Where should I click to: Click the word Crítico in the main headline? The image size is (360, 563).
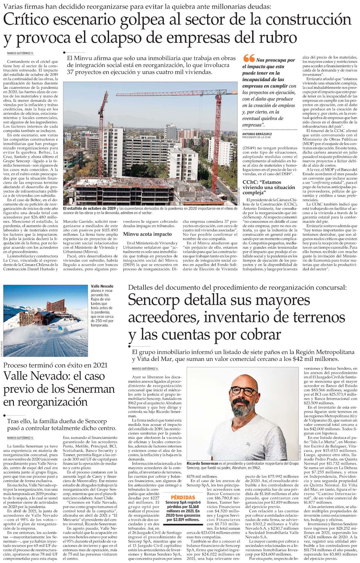(x=30, y=20)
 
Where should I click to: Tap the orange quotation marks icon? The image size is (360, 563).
(x=249, y=59)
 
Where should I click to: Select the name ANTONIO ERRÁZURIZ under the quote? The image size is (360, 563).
(x=258, y=134)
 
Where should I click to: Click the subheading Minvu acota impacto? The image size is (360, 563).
(x=147, y=234)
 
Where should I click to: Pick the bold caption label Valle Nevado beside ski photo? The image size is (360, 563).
(x=102, y=286)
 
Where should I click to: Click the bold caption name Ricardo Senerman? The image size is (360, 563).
(x=202, y=463)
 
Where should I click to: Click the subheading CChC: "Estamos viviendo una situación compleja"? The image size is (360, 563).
(x=268, y=187)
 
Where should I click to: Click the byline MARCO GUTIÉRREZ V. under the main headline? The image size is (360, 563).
(x=20, y=53)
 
